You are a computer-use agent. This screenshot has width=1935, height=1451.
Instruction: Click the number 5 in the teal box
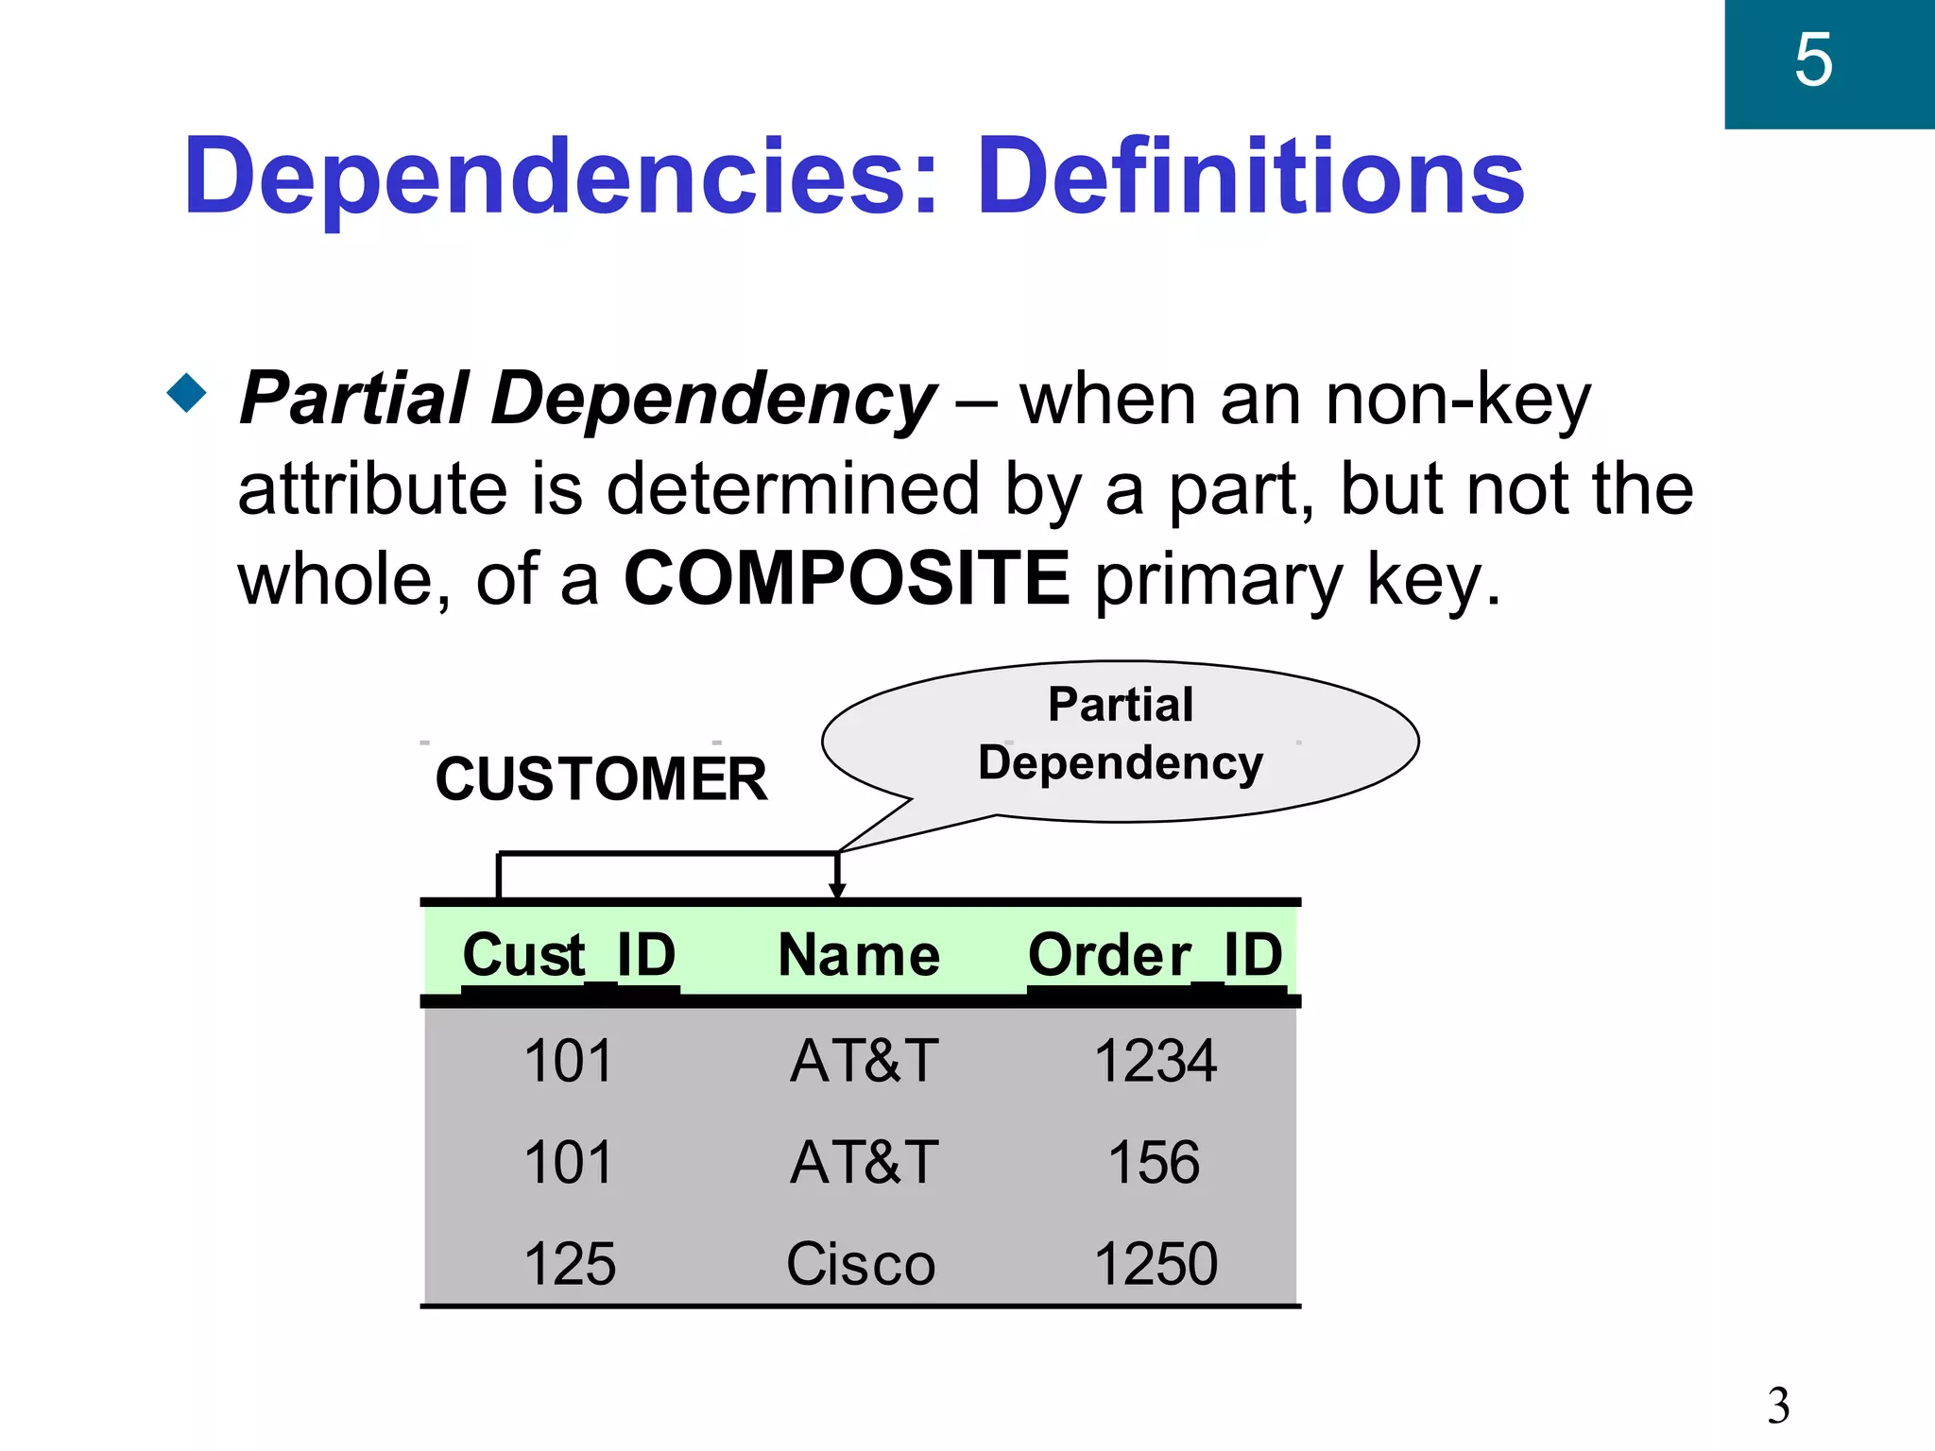1813,60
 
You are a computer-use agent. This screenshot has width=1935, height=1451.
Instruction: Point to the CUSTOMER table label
601,779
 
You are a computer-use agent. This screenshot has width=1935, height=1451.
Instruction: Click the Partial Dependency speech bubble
1120,736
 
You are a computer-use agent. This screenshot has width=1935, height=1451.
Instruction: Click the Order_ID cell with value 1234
1155,1060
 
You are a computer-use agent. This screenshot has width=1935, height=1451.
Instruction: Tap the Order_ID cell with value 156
1154,1162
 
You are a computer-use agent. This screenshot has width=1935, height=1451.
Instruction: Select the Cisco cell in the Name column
861,1264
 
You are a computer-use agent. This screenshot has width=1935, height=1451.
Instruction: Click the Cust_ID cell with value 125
569,1264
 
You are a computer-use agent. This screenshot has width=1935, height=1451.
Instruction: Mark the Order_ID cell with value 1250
1156,1264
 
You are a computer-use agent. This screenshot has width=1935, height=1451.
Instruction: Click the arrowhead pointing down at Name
837,890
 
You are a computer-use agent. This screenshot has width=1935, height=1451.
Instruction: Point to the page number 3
1778,1406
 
